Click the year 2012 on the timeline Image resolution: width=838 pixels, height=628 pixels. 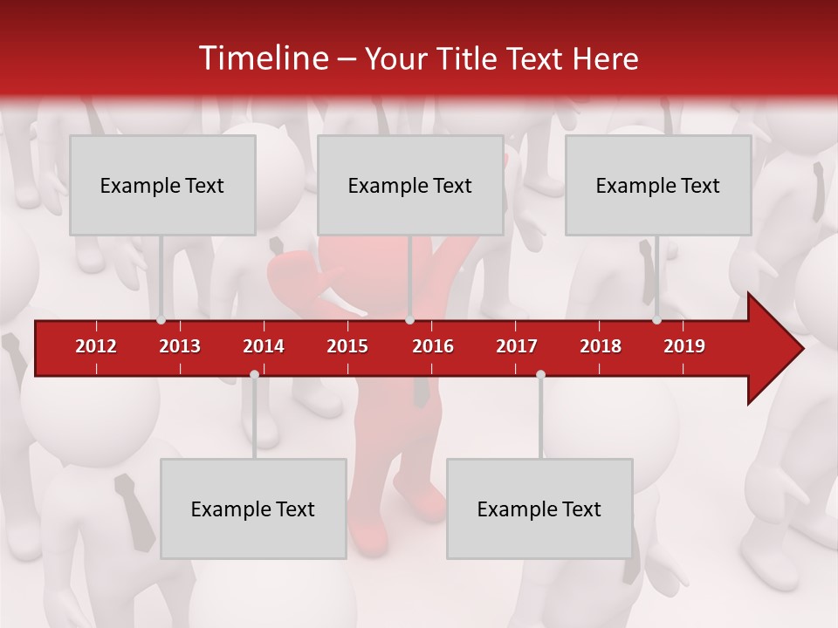tap(96, 346)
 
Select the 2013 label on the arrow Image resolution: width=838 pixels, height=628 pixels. tap(180, 346)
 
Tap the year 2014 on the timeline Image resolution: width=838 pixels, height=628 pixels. tap(264, 346)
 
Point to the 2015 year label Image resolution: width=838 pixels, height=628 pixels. tap(347, 346)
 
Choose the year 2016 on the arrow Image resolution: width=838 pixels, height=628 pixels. tap(433, 346)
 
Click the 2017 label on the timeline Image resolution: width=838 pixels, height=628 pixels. tap(517, 346)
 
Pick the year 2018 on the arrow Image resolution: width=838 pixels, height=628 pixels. tap(601, 346)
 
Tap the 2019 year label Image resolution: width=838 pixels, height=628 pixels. tap(684, 346)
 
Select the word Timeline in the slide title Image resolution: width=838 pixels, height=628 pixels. tap(262, 58)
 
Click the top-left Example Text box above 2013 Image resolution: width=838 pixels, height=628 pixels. tap(162, 185)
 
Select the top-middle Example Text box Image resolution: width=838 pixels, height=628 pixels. tap(410, 185)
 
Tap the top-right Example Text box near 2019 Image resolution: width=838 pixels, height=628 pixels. tap(658, 185)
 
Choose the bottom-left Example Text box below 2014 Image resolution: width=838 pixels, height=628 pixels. tap(253, 509)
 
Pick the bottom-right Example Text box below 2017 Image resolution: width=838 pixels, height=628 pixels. tap(539, 509)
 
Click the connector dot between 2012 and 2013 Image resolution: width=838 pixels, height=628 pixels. tap(161, 320)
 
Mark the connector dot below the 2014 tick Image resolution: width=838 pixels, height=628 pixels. tap(254, 374)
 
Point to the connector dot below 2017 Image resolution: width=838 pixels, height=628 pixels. tap(540, 374)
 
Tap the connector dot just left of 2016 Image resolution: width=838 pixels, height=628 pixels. tap(409, 320)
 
